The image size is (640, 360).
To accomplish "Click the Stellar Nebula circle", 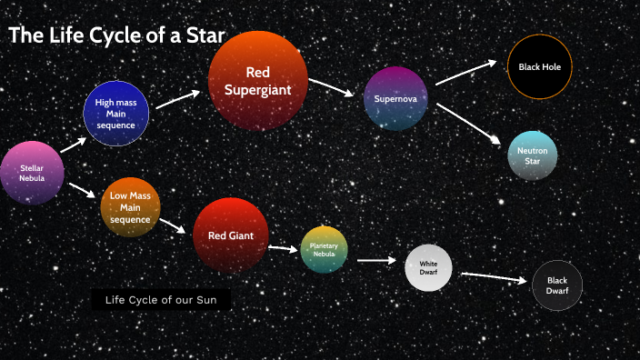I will coord(32,173).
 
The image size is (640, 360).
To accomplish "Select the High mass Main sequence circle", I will coord(115,114).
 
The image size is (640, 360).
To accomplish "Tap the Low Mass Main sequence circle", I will coord(130,208).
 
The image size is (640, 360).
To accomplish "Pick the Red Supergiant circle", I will coord(257,80).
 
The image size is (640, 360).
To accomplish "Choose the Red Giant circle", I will coord(231,235).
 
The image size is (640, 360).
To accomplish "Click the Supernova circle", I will coord(395,98).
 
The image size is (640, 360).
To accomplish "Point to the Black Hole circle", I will coord(539,67).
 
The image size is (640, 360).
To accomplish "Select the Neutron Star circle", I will coord(532,155).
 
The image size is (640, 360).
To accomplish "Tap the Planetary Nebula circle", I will coord(324,249).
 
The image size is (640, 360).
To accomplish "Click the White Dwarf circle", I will coord(428,268).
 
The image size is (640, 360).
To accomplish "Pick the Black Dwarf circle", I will coord(556,285).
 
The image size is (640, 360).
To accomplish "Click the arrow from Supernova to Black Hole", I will coord(465,73).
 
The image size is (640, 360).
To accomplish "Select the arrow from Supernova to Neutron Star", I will coord(468,124).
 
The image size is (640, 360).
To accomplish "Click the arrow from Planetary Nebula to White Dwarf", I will coord(377,261).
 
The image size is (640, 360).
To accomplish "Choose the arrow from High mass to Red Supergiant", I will coord(177,98).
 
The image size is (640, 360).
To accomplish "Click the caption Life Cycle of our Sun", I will coord(161,300).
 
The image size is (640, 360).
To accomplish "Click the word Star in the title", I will coord(200,36).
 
